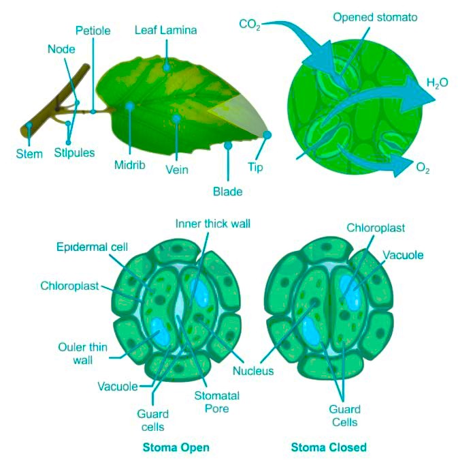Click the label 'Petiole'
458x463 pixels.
tap(93, 31)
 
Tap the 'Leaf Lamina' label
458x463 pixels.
tap(165, 30)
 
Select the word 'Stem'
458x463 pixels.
tap(29, 153)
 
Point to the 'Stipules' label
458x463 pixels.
tap(74, 153)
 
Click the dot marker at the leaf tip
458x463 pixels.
tap(267, 135)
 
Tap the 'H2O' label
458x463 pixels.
tap(437, 84)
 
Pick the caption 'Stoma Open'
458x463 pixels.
tap(176, 447)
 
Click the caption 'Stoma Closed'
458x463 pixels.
tap(329, 447)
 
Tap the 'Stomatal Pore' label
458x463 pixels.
tap(212, 402)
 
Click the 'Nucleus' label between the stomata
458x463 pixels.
tap(253, 371)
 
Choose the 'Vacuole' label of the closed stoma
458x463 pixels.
tap(403, 255)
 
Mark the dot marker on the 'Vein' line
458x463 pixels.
tap(176, 119)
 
